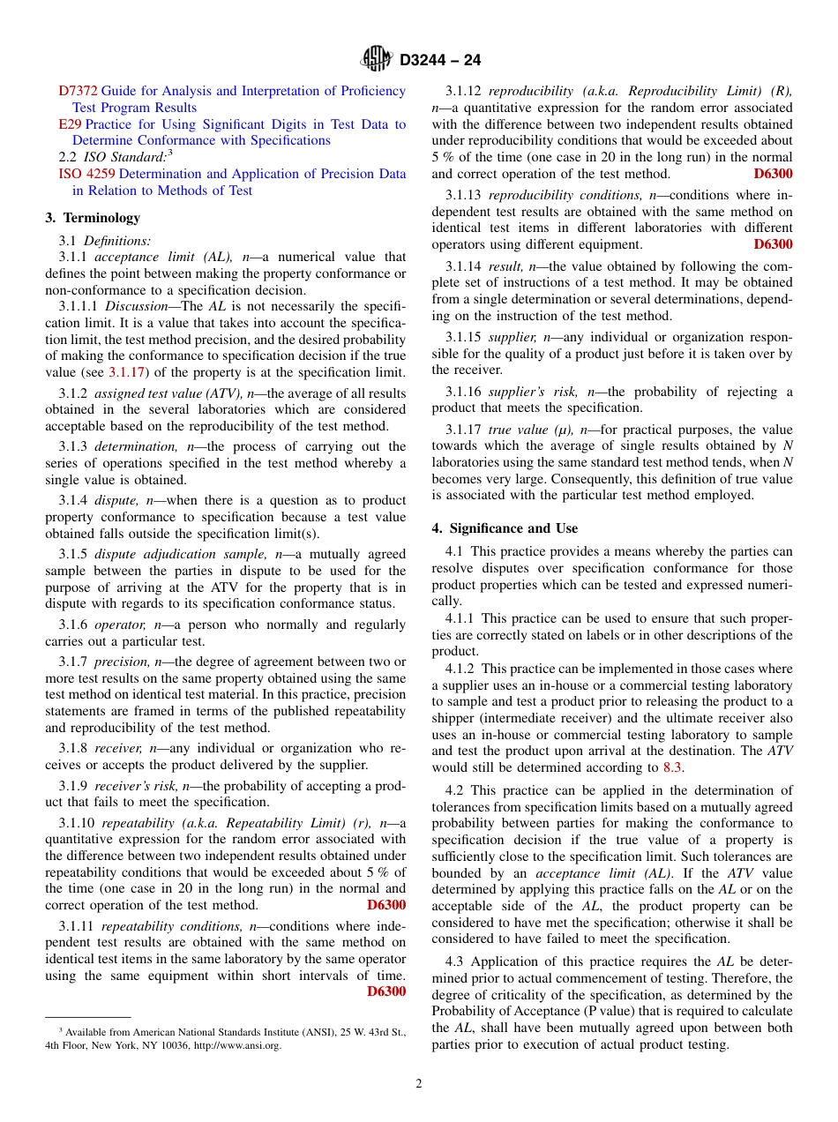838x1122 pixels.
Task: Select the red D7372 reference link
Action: pyautogui.click(x=79, y=91)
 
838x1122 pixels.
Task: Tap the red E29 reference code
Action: pyautogui.click(x=70, y=124)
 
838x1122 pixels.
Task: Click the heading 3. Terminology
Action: pyautogui.click(x=93, y=218)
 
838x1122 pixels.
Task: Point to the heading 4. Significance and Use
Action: pyautogui.click(x=505, y=528)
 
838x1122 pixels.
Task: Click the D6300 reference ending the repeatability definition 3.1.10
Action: pyautogui.click(x=386, y=905)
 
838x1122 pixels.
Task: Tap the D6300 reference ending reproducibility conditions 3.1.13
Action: pyautogui.click(x=773, y=244)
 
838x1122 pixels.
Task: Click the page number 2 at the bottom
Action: pyautogui.click(x=419, y=1084)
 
